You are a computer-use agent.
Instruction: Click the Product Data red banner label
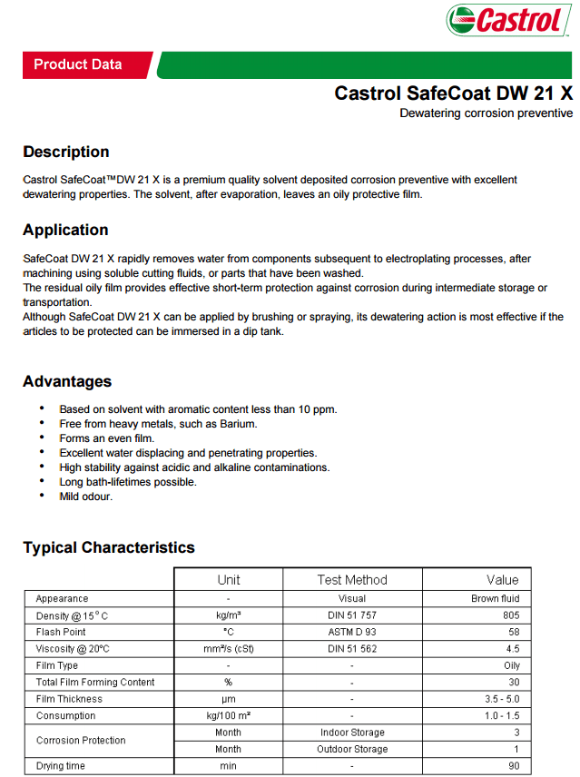point(77,64)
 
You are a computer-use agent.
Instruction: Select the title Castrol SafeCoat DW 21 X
point(454,93)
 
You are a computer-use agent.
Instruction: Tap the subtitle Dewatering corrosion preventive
point(487,113)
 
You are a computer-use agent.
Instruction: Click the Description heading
point(66,152)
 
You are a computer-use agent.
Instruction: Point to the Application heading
point(65,230)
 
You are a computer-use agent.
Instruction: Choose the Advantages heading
point(67,381)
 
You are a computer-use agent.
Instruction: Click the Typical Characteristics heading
point(109,547)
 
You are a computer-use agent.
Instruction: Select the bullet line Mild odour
point(86,497)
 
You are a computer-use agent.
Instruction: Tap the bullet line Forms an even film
point(106,438)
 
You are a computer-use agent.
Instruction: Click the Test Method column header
point(352,580)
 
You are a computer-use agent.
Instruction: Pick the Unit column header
point(229,580)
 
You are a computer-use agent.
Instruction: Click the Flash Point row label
point(61,632)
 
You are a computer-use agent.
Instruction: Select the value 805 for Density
point(511,615)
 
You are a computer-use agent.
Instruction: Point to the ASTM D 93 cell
point(352,632)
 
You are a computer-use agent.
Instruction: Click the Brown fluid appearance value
point(496,599)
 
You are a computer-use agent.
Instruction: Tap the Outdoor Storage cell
point(352,749)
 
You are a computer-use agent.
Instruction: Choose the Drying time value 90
point(514,766)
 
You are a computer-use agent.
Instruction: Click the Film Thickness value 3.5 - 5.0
point(501,699)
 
